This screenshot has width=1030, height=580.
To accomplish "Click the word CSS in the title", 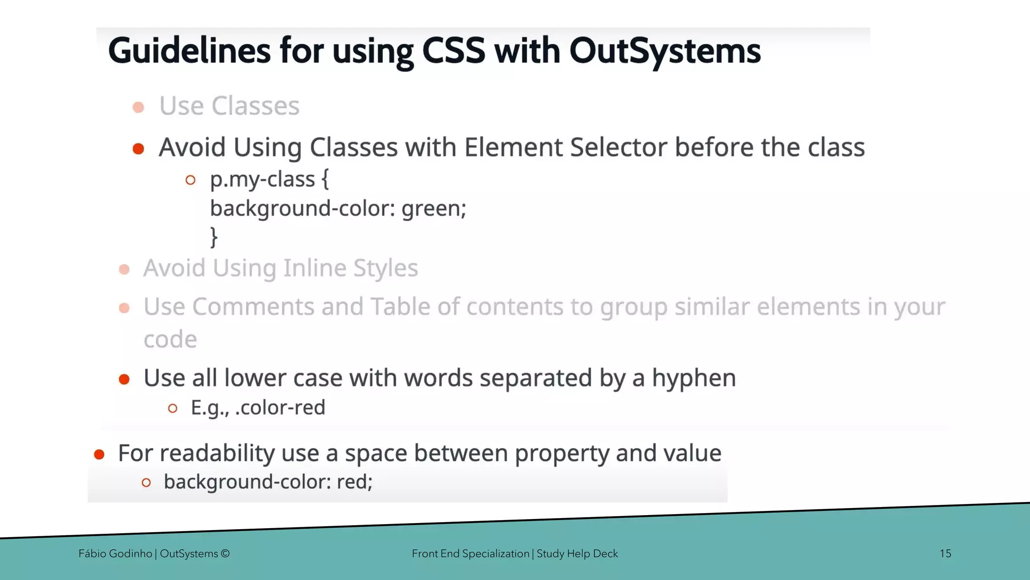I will (453, 51).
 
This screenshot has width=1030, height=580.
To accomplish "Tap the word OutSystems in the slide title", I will (664, 51).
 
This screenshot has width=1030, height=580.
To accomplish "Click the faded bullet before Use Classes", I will (138, 107).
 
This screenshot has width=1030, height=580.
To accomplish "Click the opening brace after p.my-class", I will (325, 179).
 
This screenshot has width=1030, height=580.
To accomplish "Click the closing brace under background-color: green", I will (214, 237).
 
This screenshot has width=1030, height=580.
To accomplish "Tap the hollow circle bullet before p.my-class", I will (190, 180).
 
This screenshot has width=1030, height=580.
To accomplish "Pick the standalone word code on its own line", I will (170, 339).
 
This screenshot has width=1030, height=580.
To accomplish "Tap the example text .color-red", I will (280, 407).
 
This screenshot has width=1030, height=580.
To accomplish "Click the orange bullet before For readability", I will (99, 455).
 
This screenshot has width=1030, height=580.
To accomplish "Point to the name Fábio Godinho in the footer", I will (115, 554).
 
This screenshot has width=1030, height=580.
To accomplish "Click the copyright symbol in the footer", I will (225, 554).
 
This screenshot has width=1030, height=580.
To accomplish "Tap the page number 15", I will (945, 554).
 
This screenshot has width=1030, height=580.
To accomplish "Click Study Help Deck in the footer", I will (577, 554).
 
